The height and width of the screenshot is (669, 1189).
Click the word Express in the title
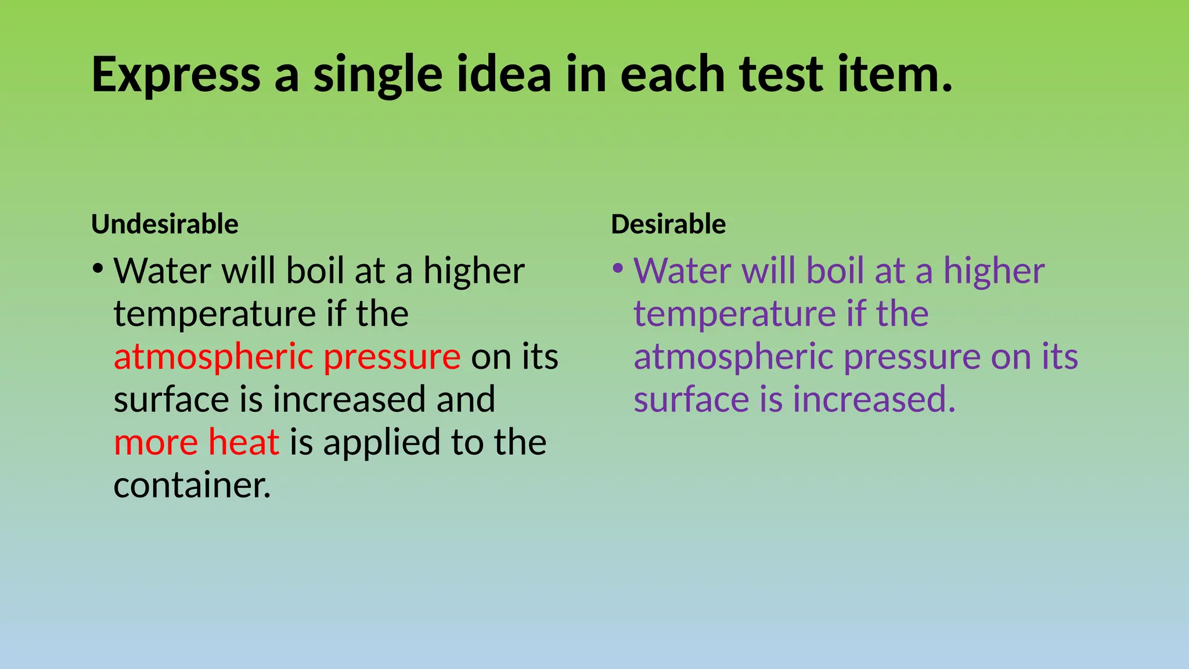tap(176, 75)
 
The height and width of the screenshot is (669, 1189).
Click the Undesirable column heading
tap(165, 224)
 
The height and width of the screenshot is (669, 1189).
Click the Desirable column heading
tap(668, 224)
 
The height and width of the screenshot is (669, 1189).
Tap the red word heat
tap(244, 442)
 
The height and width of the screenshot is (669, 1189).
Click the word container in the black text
tap(192, 485)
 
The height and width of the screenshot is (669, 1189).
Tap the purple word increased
tap(874, 400)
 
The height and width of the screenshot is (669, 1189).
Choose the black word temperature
tap(215, 314)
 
